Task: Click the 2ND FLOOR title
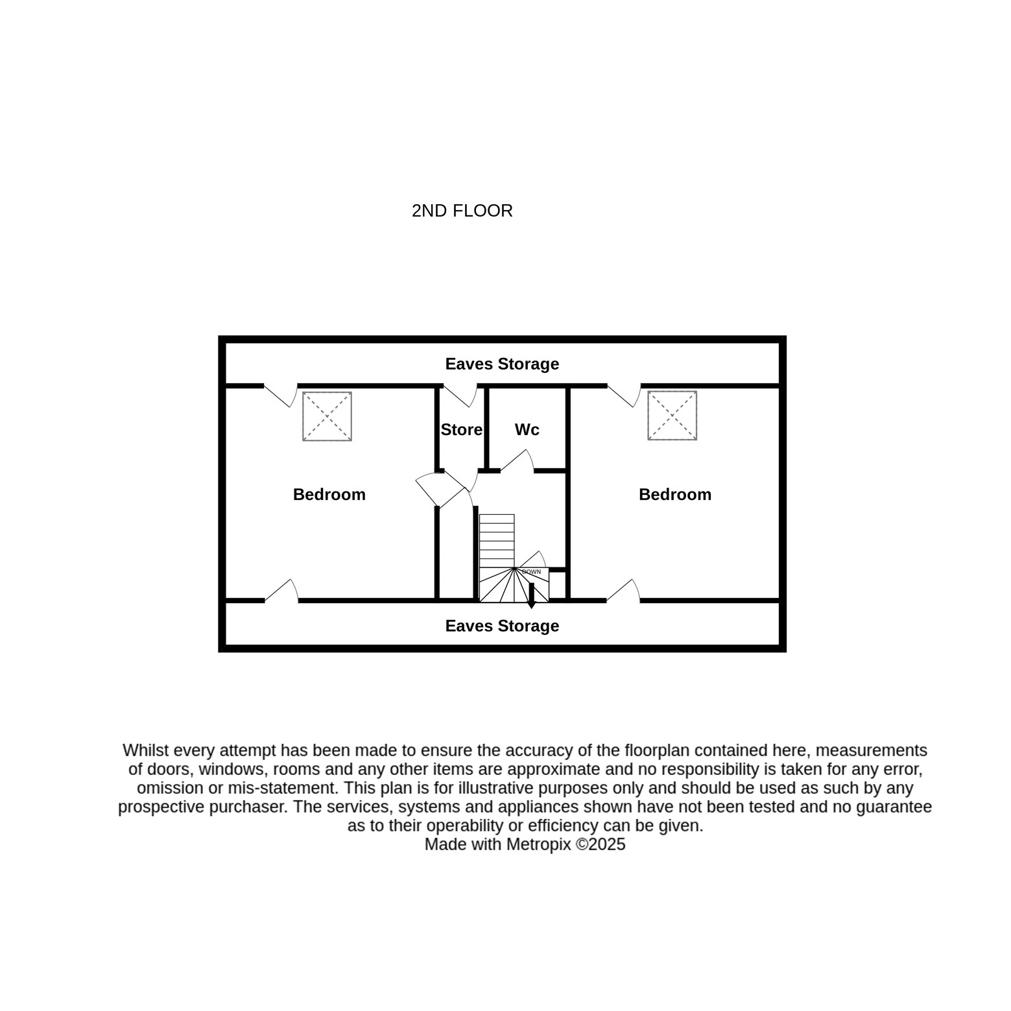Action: pos(462,211)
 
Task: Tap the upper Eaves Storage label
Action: pos(502,364)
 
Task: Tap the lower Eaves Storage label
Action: pos(502,626)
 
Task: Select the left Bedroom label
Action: pos(329,494)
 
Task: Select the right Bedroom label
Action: pos(675,494)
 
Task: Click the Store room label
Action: pos(462,429)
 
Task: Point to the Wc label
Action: pos(527,429)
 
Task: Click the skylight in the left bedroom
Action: pos(327,416)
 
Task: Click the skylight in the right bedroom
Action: pos(672,416)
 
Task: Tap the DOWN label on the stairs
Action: pos(531,572)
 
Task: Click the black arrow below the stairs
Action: pos(531,596)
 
